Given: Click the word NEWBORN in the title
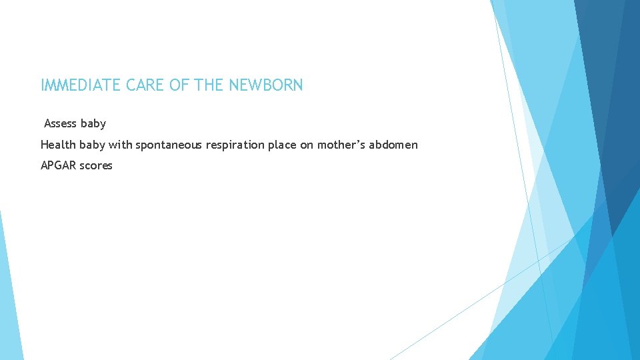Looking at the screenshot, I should (266, 85).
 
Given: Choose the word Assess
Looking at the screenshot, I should (61, 123).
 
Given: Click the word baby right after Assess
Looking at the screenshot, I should (93, 123).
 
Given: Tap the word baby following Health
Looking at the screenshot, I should (90, 145).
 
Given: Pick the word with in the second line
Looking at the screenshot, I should (120, 145).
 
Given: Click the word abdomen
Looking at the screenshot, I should (396, 145).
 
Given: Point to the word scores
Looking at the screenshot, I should (96, 165).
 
